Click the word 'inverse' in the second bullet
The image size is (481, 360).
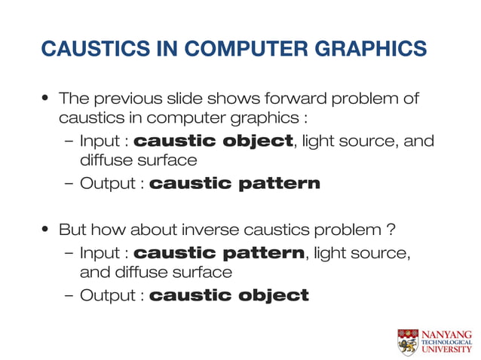point(220,229)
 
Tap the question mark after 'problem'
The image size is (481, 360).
point(391,229)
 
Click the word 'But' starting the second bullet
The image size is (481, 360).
point(72,229)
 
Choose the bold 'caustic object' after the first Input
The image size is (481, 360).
point(213,141)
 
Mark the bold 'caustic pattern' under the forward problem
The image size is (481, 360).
point(234,183)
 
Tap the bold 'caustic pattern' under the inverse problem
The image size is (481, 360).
point(219,252)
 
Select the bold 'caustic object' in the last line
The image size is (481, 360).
point(229,294)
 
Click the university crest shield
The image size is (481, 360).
point(408,341)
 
